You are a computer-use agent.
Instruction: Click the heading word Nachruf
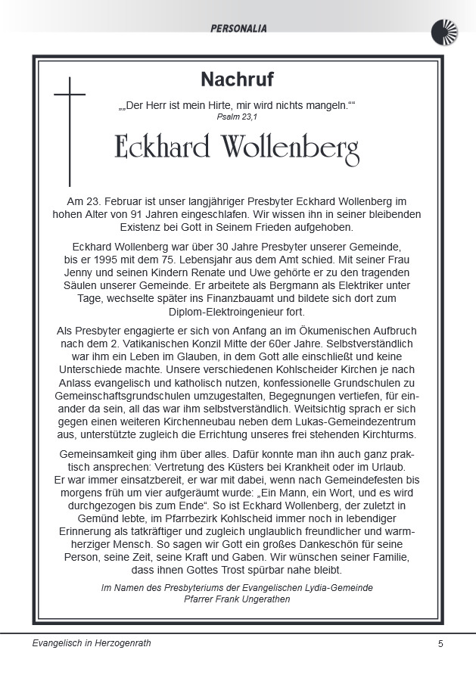pyautogui.click(x=237, y=79)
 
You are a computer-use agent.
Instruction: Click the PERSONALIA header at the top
pyautogui.click(x=239, y=29)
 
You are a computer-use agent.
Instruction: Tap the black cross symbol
pyautogui.click(x=70, y=129)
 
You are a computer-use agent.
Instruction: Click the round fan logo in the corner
pyautogui.click(x=444, y=33)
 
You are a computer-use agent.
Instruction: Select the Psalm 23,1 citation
pyautogui.click(x=237, y=117)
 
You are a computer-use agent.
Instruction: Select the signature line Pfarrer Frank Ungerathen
pyautogui.click(x=237, y=599)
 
